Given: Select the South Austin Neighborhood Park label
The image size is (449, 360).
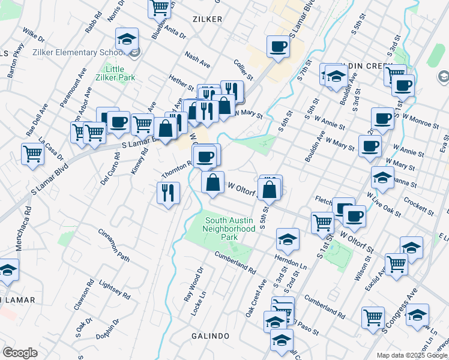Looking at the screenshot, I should click(229, 228).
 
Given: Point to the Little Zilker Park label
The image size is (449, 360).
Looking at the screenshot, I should click(115, 73).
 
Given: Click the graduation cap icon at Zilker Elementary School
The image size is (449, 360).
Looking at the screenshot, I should click(127, 40).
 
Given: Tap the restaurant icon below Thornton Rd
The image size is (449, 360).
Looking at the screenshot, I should click(167, 193).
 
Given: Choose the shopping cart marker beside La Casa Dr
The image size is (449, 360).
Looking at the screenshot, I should click(32, 154).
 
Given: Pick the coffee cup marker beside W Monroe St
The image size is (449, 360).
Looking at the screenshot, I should click(382, 118).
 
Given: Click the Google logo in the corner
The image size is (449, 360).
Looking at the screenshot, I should click(20, 352).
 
